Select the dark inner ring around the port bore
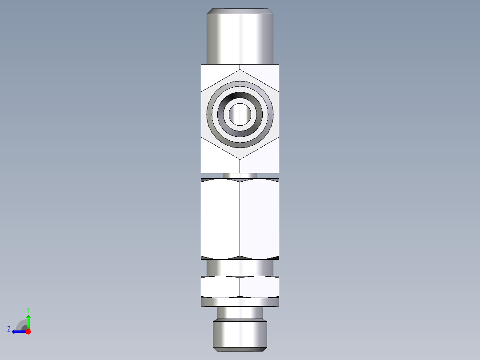tap(240, 97)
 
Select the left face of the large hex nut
tap(220, 218)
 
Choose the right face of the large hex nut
tap(260, 218)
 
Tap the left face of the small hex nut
tap(220, 286)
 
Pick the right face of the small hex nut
tap(260, 286)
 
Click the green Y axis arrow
tap(28, 320)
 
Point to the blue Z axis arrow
tap(17, 331)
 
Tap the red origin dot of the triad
tap(28, 331)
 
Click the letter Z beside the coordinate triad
tap(9, 329)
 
